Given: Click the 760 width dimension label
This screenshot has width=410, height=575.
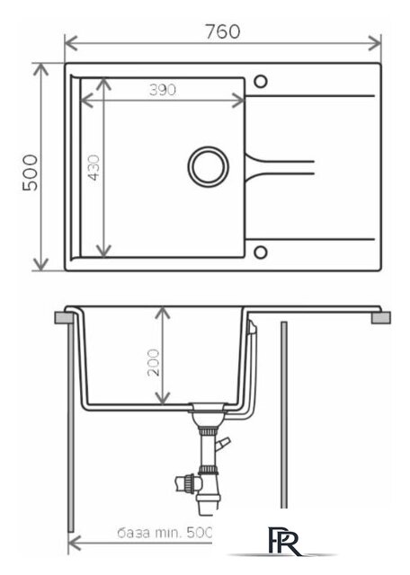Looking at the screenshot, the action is click(223, 31).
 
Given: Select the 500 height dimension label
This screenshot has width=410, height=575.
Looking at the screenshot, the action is click(31, 172).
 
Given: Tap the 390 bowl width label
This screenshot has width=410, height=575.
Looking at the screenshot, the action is click(163, 90).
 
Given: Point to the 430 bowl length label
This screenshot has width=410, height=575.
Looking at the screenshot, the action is click(94, 168).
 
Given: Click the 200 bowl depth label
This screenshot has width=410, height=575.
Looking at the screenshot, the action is click(154, 362).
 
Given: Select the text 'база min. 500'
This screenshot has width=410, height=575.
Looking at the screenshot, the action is click(165, 533).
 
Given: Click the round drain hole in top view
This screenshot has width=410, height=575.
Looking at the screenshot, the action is click(208, 166).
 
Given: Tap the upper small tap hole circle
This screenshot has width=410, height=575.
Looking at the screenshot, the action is click(260, 81).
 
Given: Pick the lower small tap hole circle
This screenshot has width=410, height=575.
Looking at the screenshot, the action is click(260, 252).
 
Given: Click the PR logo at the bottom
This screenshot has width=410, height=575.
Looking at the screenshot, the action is click(285, 541).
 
